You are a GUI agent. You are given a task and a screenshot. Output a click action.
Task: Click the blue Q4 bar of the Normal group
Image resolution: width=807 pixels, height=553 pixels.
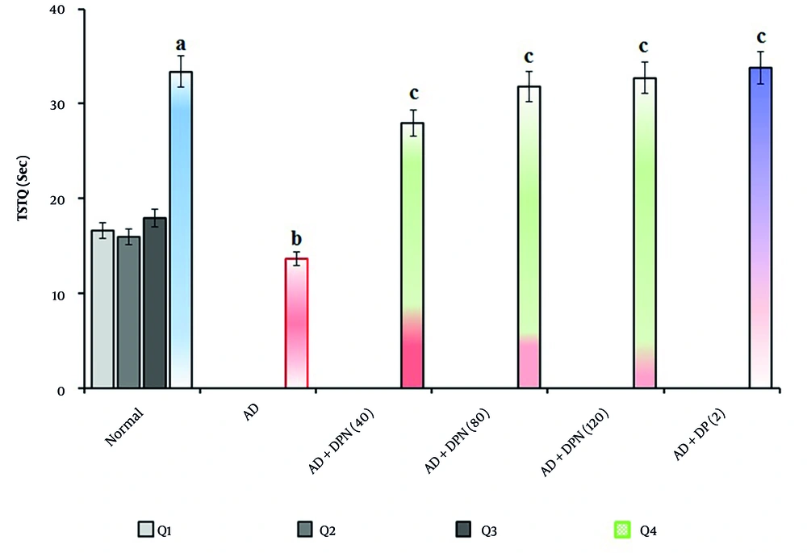[180, 230]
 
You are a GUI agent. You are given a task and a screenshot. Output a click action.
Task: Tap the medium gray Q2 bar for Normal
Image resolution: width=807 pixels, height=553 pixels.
[128, 312]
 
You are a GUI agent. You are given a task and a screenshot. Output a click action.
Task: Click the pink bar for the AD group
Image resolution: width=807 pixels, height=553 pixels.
[296, 323]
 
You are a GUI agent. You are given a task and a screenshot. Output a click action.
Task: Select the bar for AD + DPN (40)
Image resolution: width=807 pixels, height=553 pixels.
[412, 255]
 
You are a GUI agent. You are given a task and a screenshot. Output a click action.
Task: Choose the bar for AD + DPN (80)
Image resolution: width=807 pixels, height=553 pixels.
[529, 237]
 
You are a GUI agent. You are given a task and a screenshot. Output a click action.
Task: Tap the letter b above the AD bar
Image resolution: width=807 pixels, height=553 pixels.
[296, 239]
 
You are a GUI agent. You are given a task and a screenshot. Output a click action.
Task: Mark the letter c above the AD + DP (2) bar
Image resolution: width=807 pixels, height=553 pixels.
[760, 37]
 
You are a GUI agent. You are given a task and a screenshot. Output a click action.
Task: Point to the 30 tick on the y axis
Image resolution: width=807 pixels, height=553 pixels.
[65, 104]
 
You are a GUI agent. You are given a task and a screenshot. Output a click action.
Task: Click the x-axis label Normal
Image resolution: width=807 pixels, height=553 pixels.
[125, 426]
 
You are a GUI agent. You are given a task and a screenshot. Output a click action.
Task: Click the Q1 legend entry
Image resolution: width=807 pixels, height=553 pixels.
[153, 530]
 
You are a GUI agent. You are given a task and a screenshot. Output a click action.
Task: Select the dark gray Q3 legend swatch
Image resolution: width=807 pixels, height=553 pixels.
[464, 530]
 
